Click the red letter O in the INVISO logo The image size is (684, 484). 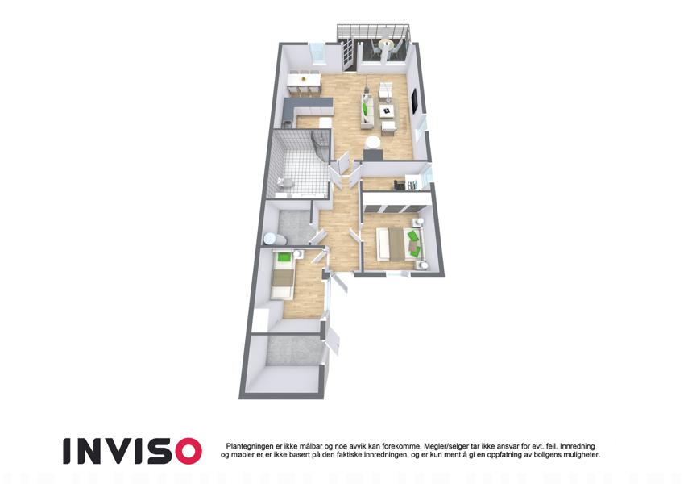coord(185,451)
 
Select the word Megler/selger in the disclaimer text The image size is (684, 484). coord(441,446)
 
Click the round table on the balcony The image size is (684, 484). coord(386,43)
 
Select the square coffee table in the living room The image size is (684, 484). coord(386,111)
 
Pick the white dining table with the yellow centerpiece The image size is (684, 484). coord(304,80)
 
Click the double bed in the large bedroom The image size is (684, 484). coord(394,244)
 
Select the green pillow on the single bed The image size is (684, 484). coord(284,257)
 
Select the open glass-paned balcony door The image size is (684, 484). coord(347,55)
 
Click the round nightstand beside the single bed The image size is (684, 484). coord(298,254)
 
